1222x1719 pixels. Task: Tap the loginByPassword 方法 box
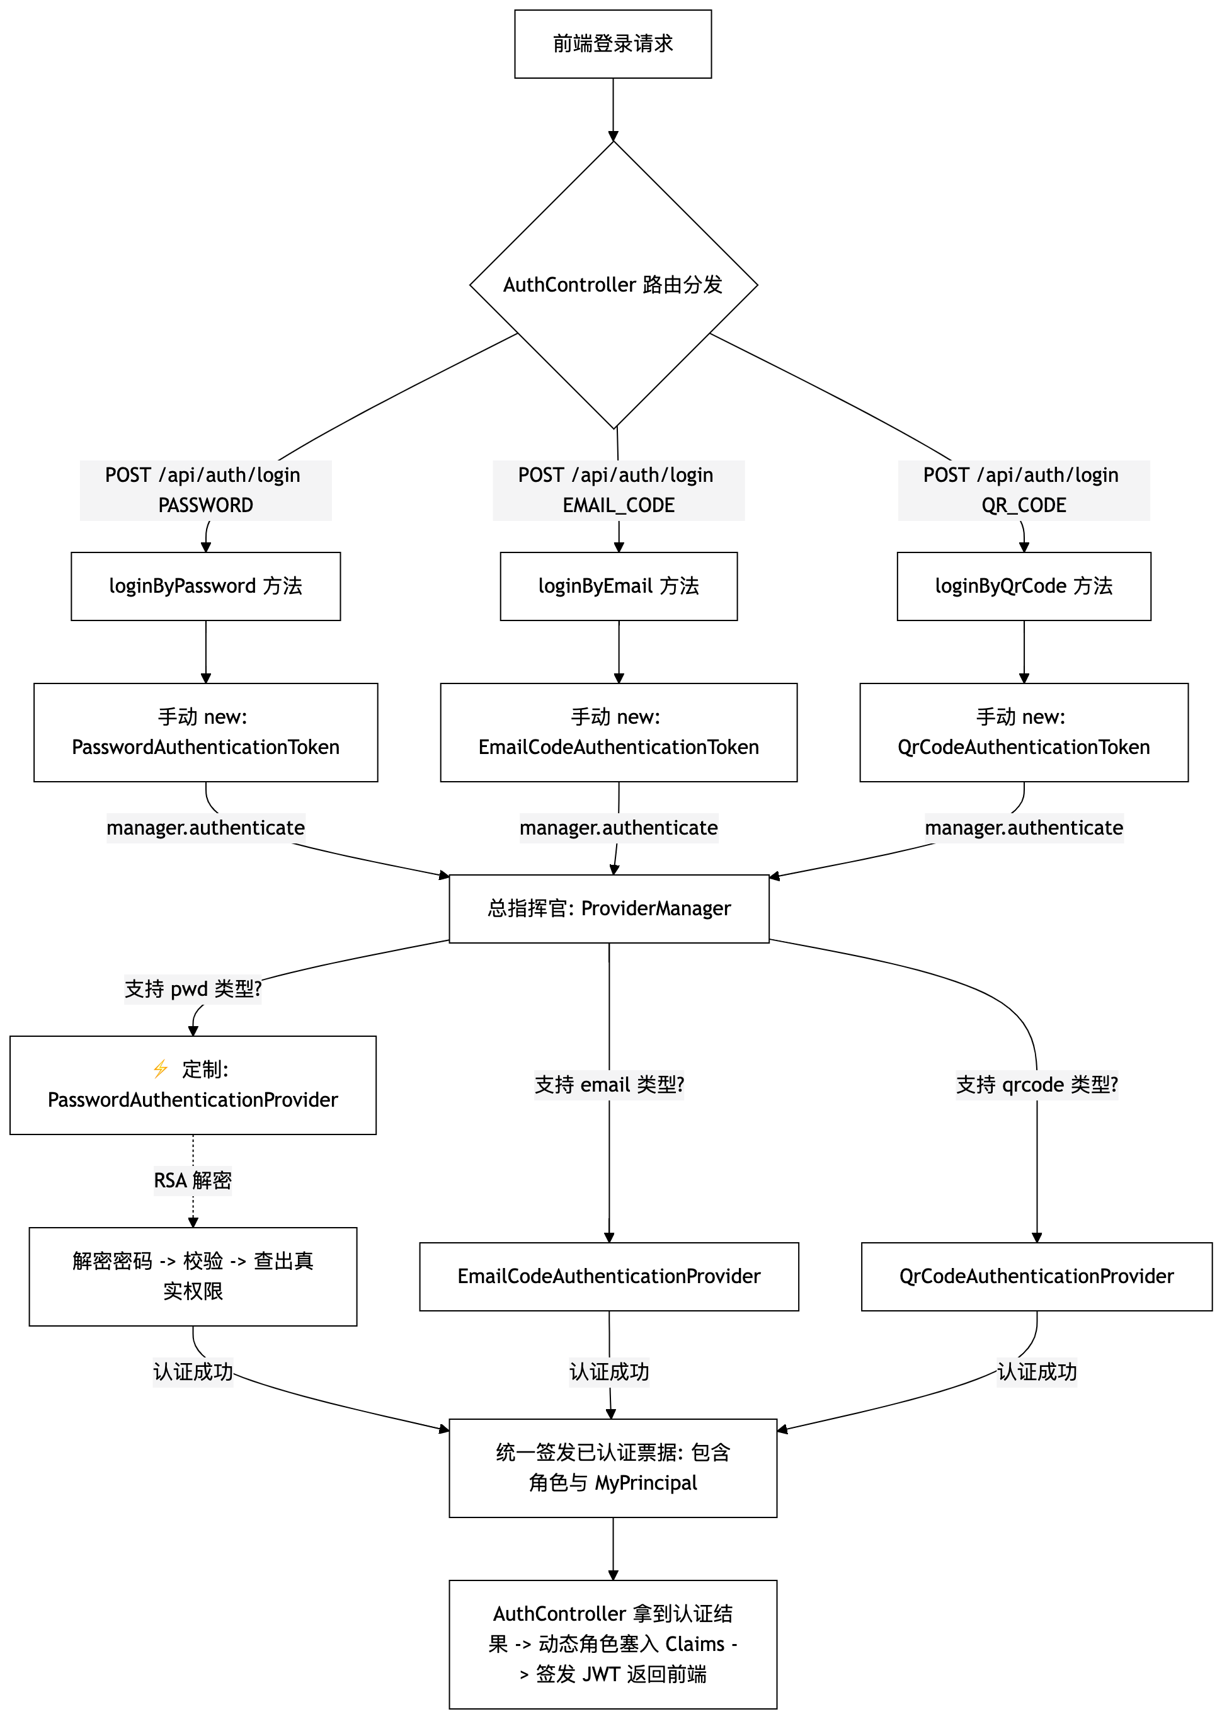205,586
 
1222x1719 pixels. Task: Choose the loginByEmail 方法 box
619,586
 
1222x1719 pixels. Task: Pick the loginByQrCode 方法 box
1024,586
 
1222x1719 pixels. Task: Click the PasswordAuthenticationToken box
205,732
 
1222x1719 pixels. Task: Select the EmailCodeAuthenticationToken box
619,732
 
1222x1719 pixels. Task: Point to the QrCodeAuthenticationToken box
1024,732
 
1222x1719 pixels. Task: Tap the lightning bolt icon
160,1068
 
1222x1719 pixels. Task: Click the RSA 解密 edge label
193,1180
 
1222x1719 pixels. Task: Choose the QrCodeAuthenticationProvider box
1036,1276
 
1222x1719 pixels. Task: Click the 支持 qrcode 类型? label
1037,1085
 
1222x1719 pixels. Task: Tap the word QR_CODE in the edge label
1024,506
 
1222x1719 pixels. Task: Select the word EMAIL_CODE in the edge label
619,506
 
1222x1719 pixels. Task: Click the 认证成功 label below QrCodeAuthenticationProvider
1037,1371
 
